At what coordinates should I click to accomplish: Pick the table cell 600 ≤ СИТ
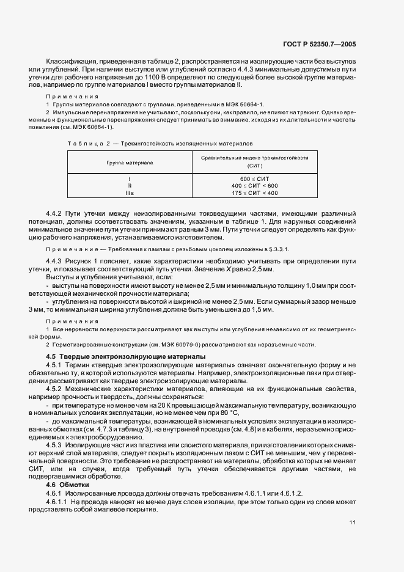coord(255,178)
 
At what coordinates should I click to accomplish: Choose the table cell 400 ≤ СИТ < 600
coord(255,185)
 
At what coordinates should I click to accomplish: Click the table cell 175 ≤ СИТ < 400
coord(255,193)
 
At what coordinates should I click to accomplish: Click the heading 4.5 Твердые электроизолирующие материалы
coord(127,356)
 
